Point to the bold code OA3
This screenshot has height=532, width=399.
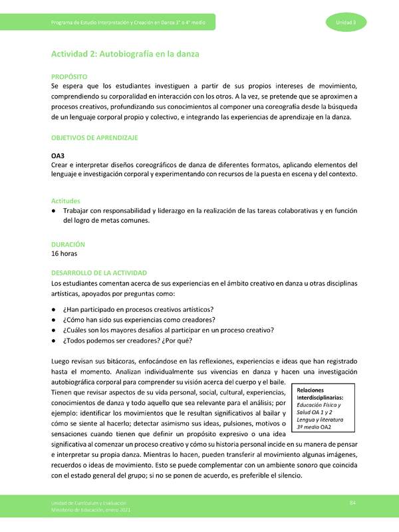59,155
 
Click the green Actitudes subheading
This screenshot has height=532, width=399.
66,200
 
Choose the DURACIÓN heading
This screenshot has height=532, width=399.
68,244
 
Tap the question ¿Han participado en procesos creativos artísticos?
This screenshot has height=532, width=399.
138,310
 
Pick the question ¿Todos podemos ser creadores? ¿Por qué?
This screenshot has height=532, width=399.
127,342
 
